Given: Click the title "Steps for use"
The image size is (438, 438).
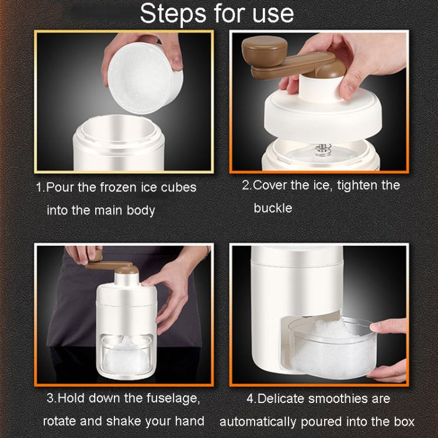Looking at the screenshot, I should tap(217, 13).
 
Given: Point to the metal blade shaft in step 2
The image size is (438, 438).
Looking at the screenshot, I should tap(321, 150).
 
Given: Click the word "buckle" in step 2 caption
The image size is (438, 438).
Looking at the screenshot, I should tap(273, 208).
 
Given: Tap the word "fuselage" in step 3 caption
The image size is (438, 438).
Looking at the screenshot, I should tap(169, 399).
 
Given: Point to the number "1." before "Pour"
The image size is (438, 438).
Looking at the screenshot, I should tap(40, 188).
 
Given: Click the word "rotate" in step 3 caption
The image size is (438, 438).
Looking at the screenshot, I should tap(61, 421).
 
